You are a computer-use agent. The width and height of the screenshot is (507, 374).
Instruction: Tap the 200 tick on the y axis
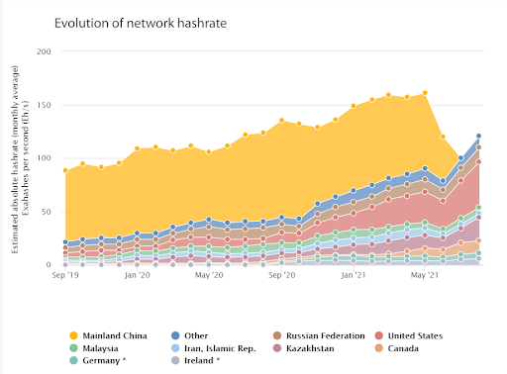pyautogui.click(x=44, y=51)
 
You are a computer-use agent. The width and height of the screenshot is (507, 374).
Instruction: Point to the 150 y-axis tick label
pyautogui.click(x=44, y=105)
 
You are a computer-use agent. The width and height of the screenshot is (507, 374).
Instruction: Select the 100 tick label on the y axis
pyautogui.click(x=44, y=158)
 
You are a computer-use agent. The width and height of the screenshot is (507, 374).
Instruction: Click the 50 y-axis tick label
pyautogui.click(x=46, y=212)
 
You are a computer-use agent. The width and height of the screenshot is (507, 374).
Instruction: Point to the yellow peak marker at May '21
pyautogui.click(x=425, y=93)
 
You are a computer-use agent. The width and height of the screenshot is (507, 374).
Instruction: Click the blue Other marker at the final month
pyautogui.click(x=479, y=137)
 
